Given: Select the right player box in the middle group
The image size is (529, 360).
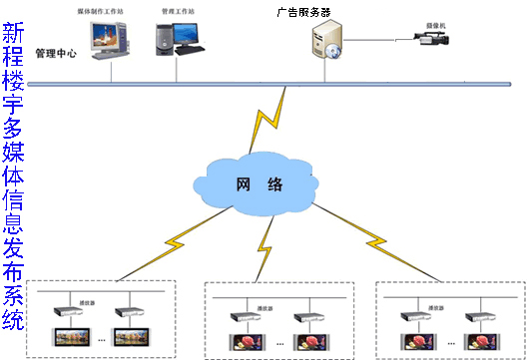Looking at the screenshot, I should [304, 319].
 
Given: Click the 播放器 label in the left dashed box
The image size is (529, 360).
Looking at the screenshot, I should [87, 296].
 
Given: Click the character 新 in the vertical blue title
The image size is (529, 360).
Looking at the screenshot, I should [14, 34].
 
